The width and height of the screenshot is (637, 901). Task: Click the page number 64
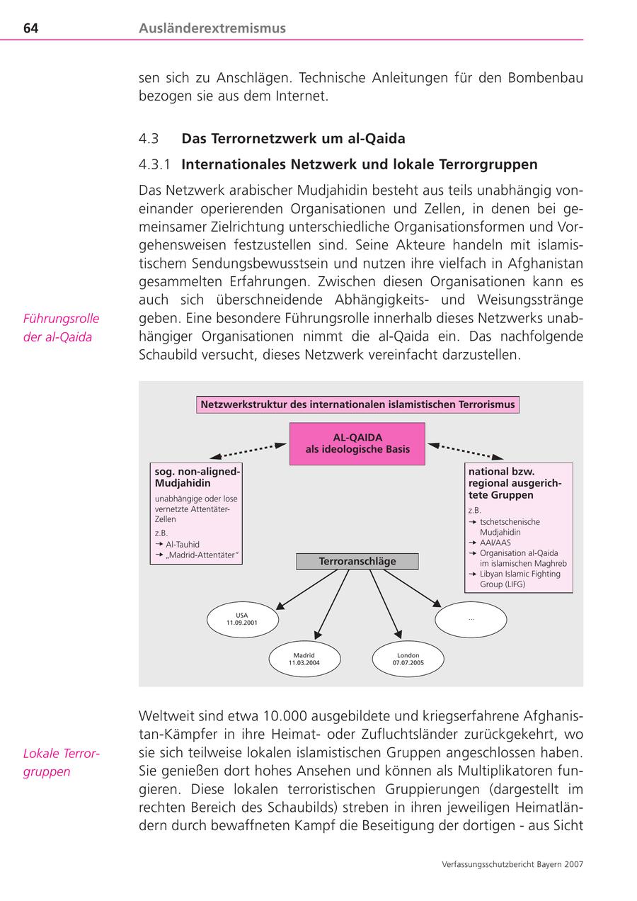[30, 28]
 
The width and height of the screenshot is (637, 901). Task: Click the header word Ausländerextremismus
[212, 28]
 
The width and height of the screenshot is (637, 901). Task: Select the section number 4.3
[149, 138]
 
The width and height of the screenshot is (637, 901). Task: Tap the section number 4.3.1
[155, 164]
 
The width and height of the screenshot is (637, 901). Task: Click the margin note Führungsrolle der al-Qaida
[61, 328]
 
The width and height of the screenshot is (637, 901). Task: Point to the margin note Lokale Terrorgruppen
[61, 762]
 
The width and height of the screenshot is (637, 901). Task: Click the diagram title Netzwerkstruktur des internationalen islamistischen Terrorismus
[357, 405]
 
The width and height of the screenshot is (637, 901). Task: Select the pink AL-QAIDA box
[357, 443]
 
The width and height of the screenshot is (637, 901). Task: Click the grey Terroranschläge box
[357, 561]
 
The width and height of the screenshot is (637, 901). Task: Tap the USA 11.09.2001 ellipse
[242, 620]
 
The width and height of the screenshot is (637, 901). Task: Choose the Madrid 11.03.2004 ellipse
[304, 659]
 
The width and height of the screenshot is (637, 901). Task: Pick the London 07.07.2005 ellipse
[408, 659]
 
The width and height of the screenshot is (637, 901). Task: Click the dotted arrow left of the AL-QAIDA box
[248, 451]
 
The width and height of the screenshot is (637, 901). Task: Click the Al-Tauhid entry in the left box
[182, 544]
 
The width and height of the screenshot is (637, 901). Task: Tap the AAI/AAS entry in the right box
[495, 543]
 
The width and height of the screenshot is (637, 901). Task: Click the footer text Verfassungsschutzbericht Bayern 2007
[512, 864]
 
